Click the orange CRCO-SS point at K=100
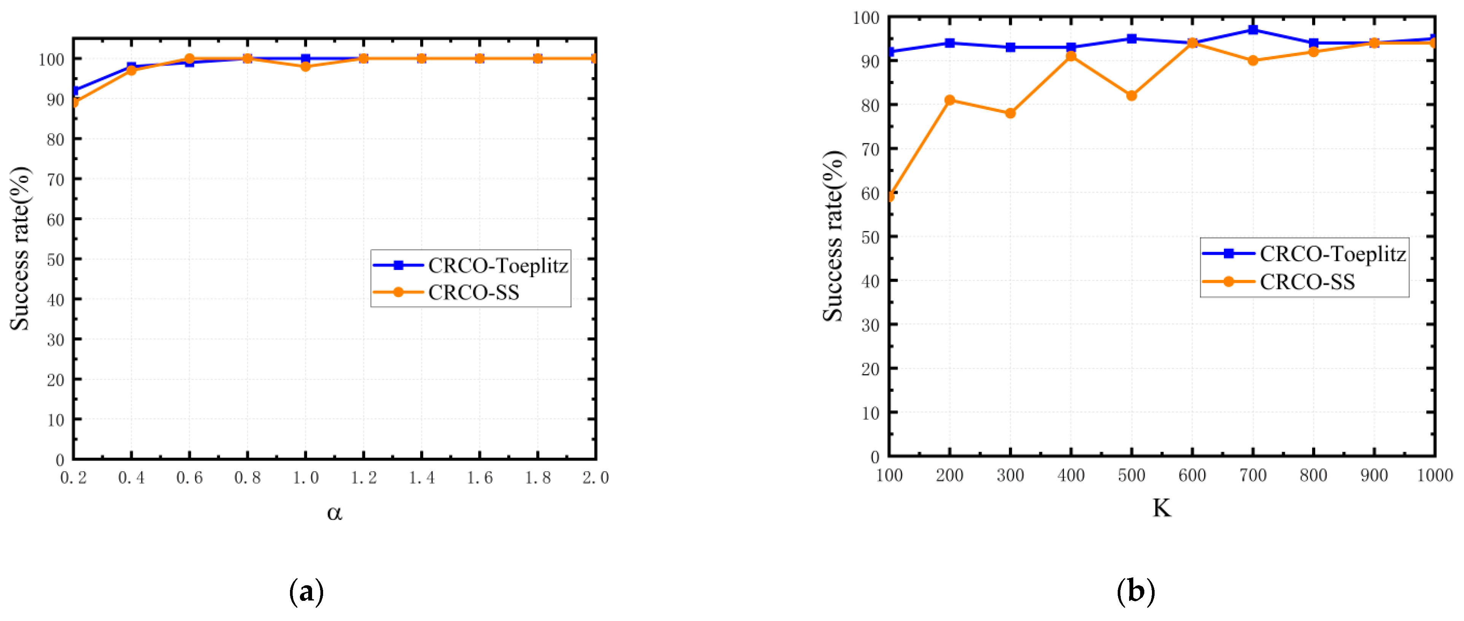pyautogui.click(x=890, y=196)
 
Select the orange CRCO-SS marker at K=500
pyautogui.click(x=1131, y=96)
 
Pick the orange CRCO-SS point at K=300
pyautogui.click(x=1010, y=113)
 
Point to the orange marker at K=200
pyautogui.click(x=949, y=100)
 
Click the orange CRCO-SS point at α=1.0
pyautogui.click(x=306, y=67)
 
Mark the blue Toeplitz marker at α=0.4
pyautogui.click(x=131, y=67)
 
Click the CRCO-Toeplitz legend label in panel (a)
pyautogui.click(x=498, y=265)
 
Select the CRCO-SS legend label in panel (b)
pyautogui.click(x=1307, y=282)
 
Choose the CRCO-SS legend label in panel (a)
pyautogui.click(x=473, y=292)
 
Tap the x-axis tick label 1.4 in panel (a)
pyautogui.click(x=422, y=478)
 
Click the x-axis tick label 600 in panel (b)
pyautogui.click(x=1192, y=475)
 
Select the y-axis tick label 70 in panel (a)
pyautogui.click(x=56, y=179)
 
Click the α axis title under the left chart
pyautogui.click(x=334, y=513)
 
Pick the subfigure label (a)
pyautogui.click(x=307, y=592)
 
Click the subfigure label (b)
pyautogui.click(x=1136, y=592)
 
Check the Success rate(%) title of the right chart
pyautogui.click(x=833, y=236)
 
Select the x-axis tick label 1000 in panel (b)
pyautogui.click(x=1434, y=475)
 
